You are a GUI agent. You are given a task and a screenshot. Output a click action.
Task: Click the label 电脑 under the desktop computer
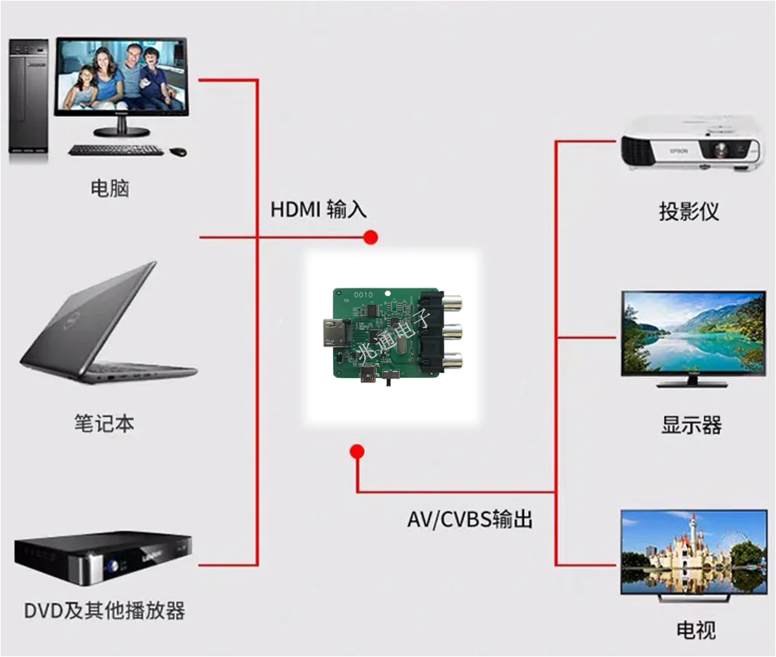coord(110,189)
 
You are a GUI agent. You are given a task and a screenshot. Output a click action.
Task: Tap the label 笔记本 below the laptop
coord(104,424)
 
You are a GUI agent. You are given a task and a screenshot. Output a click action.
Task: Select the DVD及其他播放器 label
coord(104,611)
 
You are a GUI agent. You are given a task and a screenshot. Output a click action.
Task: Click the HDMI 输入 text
coord(318,209)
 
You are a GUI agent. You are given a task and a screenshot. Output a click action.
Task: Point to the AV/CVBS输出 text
coord(470,519)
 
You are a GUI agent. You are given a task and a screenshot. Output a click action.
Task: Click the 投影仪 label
coord(689,211)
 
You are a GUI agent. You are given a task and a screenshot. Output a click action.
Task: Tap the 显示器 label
coord(691,425)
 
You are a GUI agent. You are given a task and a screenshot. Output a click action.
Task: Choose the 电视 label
coord(696,630)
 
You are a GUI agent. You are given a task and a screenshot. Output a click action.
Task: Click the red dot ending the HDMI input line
coord(371,237)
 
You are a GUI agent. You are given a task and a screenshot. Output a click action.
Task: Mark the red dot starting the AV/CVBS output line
coord(357,452)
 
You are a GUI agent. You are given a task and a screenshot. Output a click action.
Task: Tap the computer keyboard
coord(116,150)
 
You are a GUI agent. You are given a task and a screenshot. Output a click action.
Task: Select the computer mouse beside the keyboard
coord(179,152)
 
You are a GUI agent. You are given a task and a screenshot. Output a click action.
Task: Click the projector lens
coord(721,148)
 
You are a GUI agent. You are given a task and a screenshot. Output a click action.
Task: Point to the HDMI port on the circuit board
coord(336,332)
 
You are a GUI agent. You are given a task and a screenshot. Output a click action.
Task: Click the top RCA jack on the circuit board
coord(452,302)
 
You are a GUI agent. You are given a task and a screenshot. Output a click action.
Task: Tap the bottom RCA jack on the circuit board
coord(452,363)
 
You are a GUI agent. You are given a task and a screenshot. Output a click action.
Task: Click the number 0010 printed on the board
coord(364,295)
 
